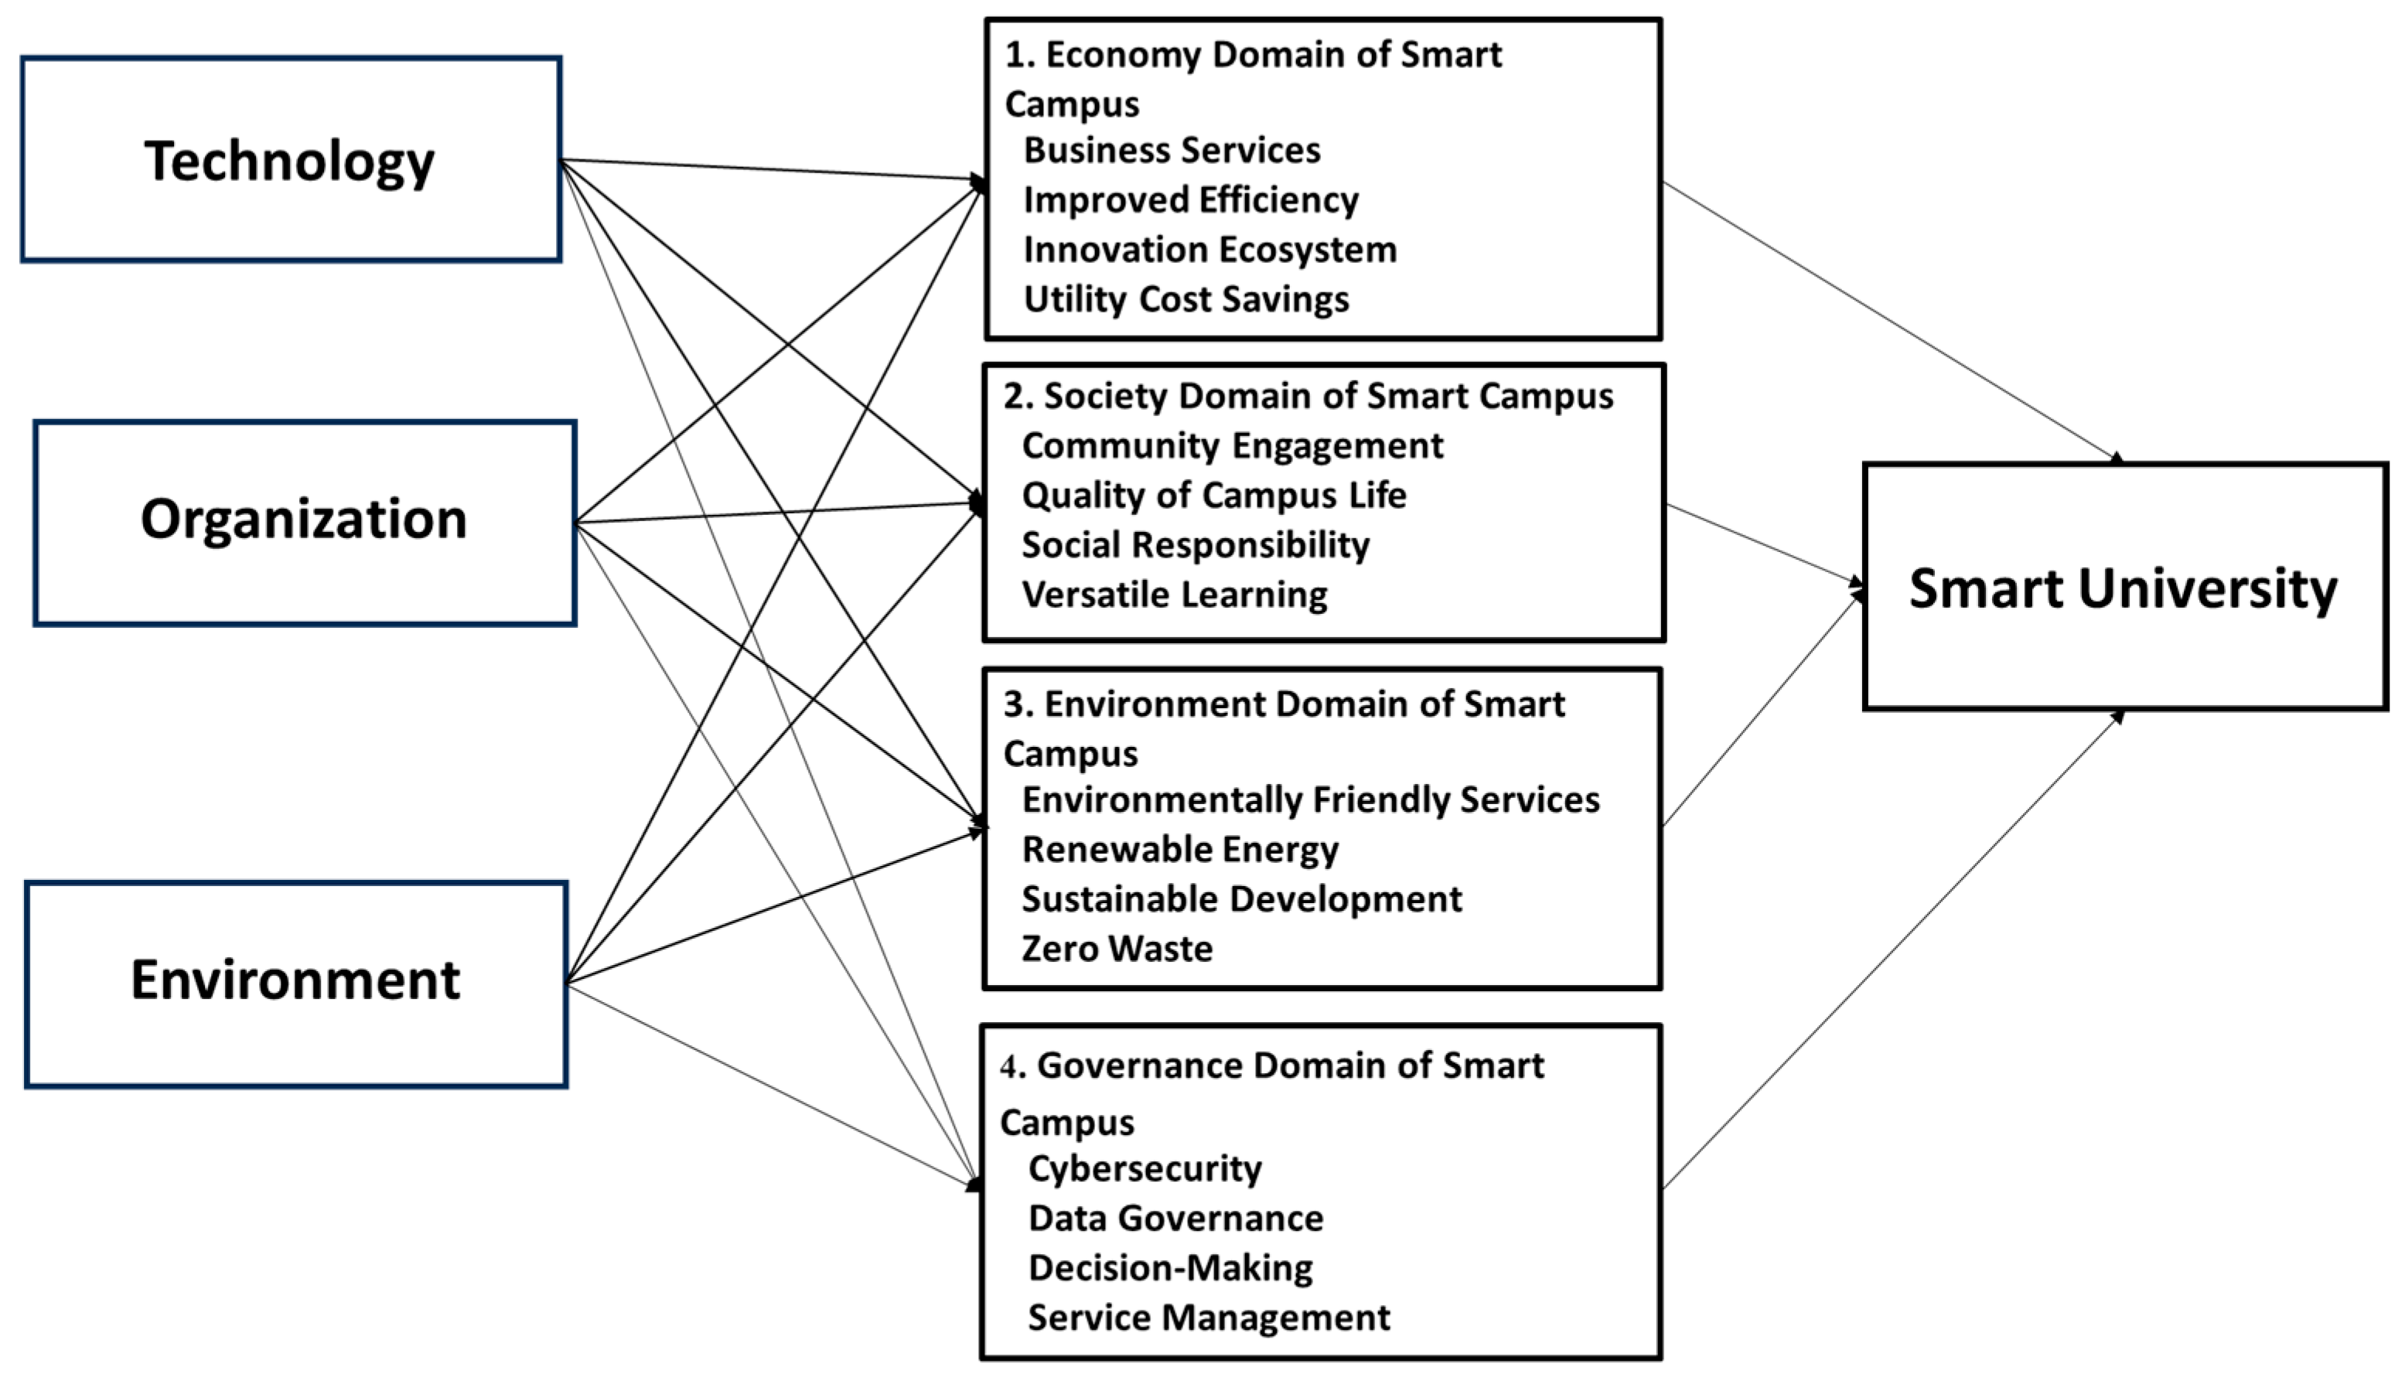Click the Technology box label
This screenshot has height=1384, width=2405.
click(x=289, y=162)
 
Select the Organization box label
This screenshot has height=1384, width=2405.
click(x=303, y=520)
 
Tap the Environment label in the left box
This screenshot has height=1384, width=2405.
click(x=295, y=980)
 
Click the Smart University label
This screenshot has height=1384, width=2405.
click(x=2123, y=588)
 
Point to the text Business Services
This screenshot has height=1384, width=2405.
click(x=1171, y=150)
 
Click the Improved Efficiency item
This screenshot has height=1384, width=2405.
click(x=1190, y=199)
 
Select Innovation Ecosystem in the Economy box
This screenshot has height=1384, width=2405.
click(x=1209, y=250)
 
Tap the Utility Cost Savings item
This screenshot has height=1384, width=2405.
click(x=1185, y=299)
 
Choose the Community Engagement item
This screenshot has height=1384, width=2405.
click(x=1232, y=446)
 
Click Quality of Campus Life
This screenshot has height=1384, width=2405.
click(x=1213, y=496)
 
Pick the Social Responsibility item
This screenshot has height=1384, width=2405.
click(x=1195, y=544)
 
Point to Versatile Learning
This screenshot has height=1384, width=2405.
click(x=1174, y=595)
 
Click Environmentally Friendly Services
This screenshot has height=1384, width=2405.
click(x=1310, y=800)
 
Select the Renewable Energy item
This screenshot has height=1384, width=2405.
click(x=1179, y=850)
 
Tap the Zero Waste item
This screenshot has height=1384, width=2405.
click(x=1117, y=949)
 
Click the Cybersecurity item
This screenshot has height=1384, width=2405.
click(x=1145, y=1168)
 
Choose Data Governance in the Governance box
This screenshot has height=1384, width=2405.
click(x=1175, y=1219)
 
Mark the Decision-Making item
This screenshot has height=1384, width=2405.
click(x=1170, y=1268)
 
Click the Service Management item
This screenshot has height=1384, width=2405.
click(x=1208, y=1318)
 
